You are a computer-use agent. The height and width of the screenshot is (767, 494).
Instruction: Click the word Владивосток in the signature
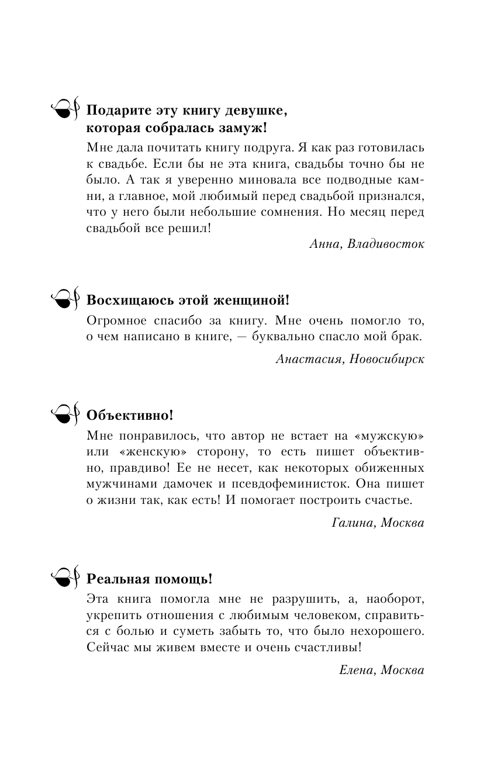pos(386,244)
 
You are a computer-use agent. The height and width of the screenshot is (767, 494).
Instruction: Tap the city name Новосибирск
pos(388,359)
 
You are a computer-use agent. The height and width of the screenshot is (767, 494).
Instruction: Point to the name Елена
pos(357,670)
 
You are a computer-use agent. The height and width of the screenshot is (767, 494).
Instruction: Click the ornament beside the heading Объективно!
pos(64,414)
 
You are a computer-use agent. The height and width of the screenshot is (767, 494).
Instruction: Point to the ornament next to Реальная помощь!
pos(64,578)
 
